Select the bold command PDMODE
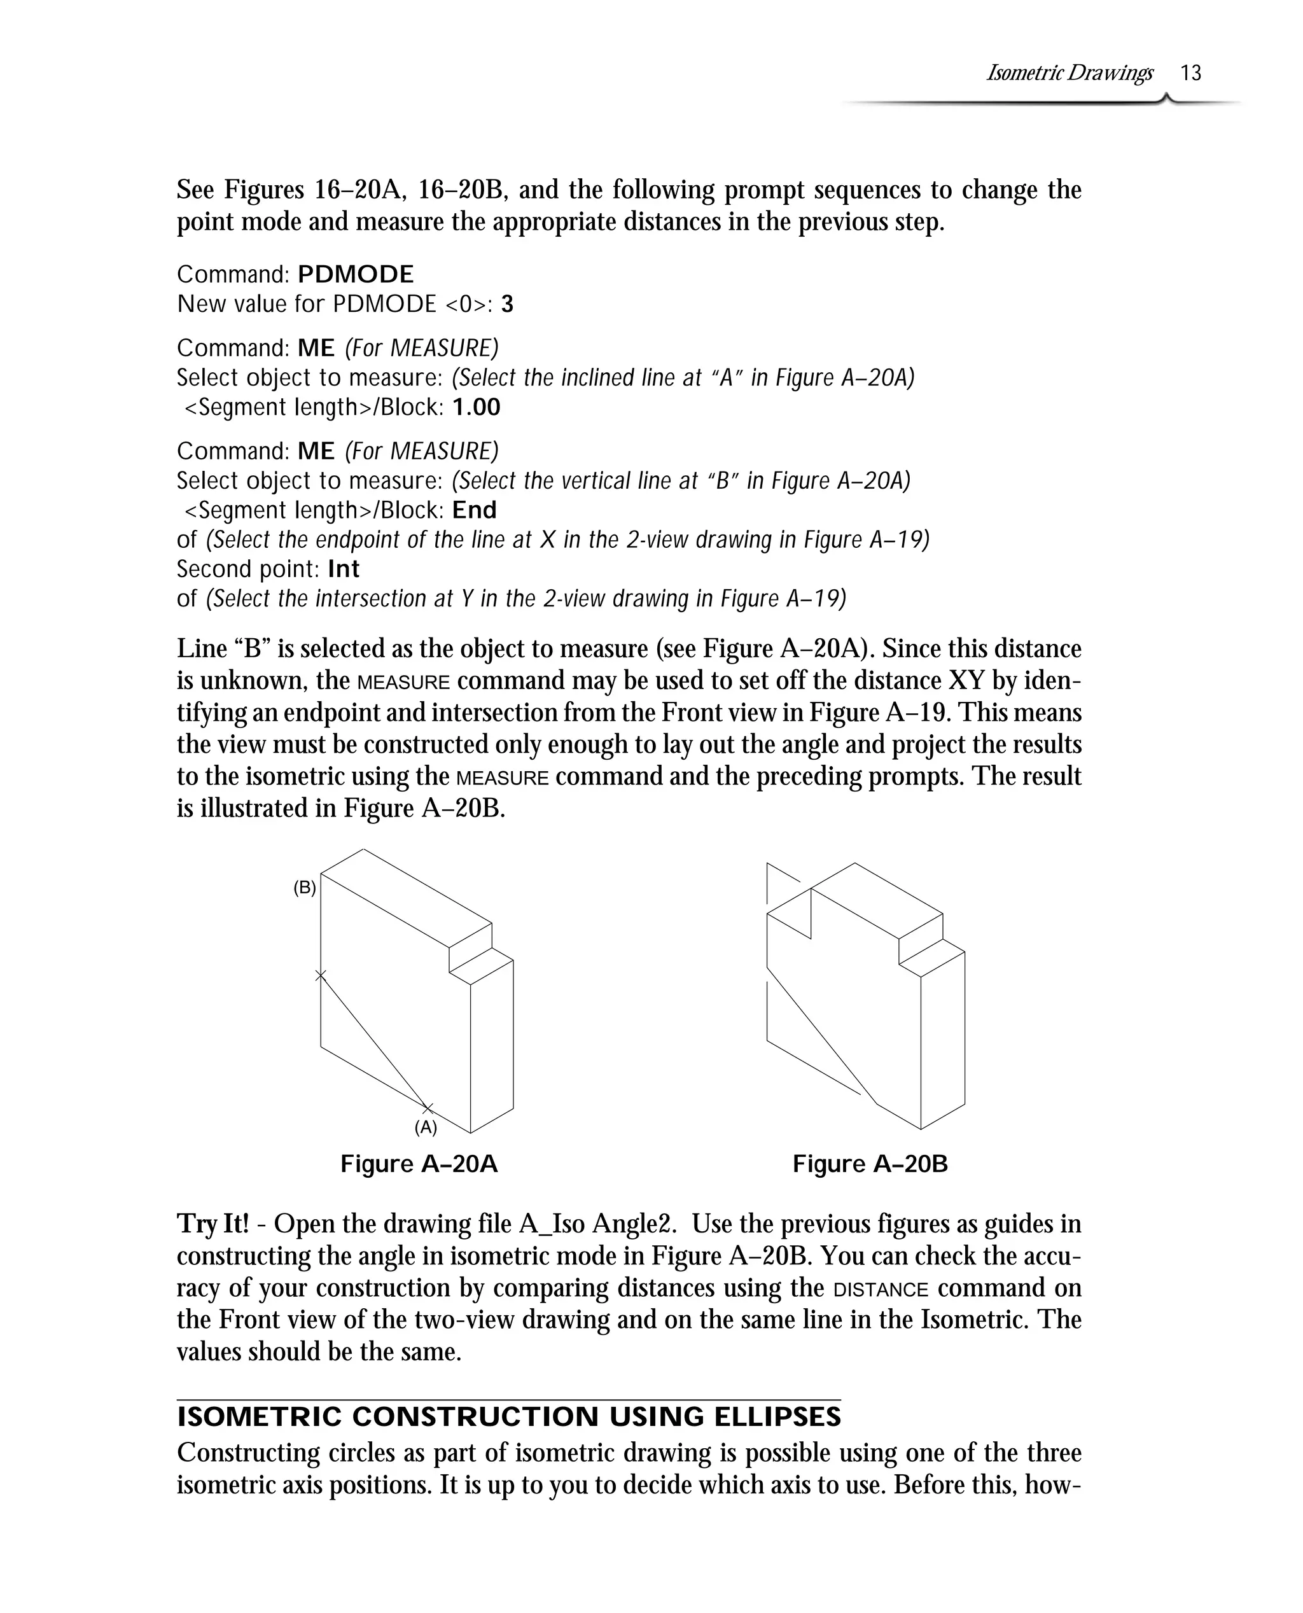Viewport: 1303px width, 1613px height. click(356, 274)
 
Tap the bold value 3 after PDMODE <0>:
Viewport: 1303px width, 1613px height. click(507, 304)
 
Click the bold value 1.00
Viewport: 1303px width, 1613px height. click(477, 408)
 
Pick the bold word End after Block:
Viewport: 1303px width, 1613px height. click(475, 510)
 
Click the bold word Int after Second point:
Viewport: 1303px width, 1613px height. click(344, 569)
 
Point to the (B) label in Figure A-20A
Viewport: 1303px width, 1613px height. click(304, 888)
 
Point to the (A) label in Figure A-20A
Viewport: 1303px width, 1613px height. click(426, 1128)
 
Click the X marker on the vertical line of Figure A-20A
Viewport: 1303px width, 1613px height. click(321, 975)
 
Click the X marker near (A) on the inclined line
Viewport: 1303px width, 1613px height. click(427, 1108)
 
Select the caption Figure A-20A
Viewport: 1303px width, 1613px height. click(419, 1164)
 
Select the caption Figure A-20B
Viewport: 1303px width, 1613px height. click(870, 1164)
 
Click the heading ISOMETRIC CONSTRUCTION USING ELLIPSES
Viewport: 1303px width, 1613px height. click(509, 1417)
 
